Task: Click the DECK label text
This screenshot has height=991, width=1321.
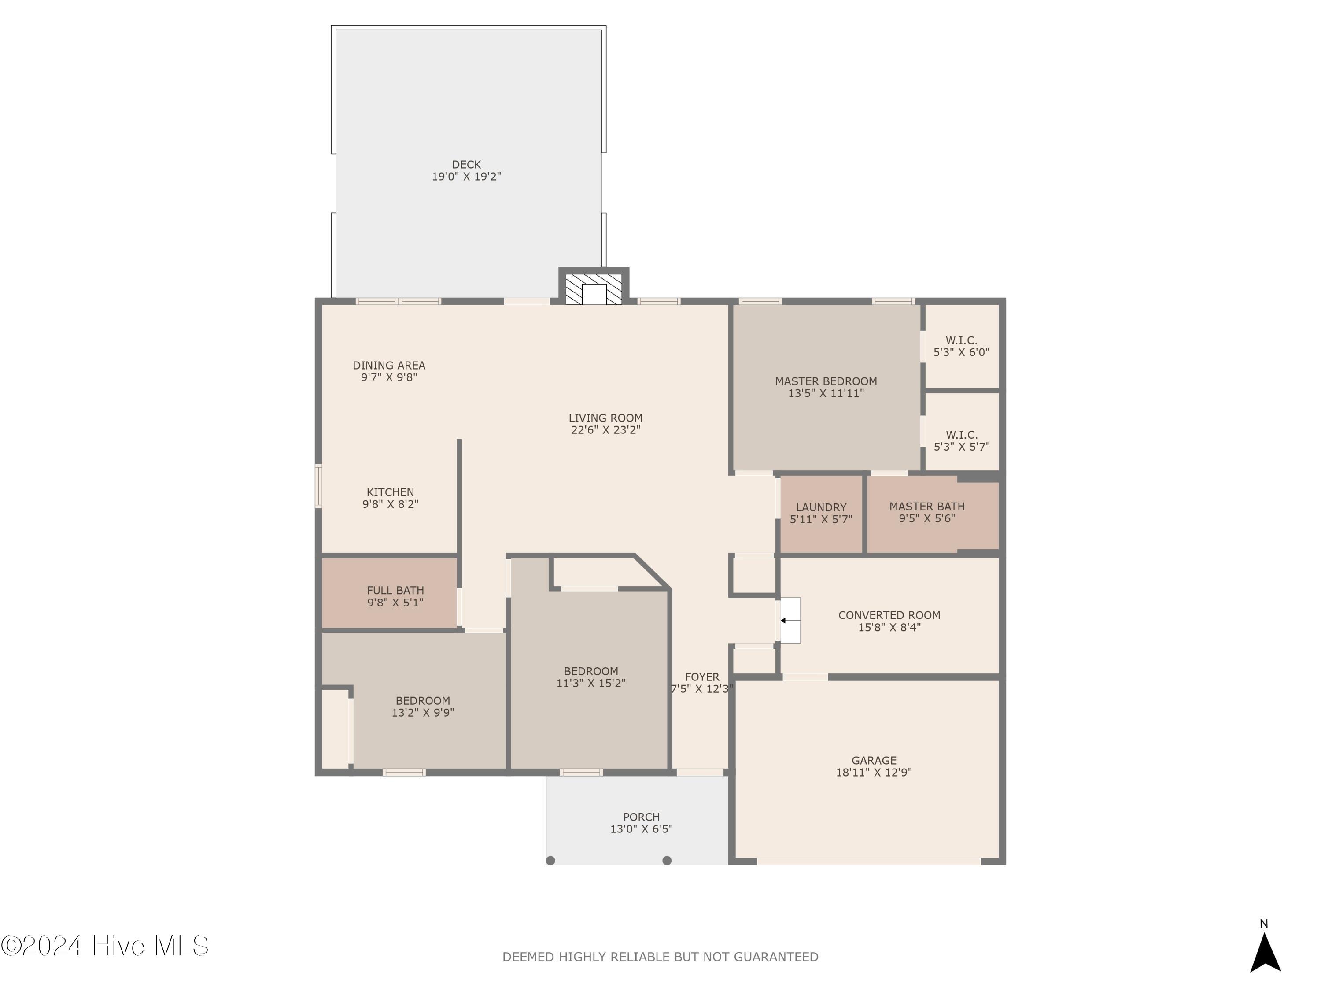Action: pos(466,165)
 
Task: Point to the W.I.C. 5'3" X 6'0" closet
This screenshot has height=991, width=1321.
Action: pos(961,347)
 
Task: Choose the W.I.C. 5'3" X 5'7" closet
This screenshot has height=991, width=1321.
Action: pos(961,440)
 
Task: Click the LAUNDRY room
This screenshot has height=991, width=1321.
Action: pos(820,513)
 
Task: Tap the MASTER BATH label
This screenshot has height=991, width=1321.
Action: pos(926,507)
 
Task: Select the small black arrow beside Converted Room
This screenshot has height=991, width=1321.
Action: pos(783,621)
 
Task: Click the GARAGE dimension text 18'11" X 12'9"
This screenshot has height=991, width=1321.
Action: pos(873,773)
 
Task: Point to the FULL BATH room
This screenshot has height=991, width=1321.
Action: pos(395,596)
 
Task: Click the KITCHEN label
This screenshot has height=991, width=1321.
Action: pos(390,492)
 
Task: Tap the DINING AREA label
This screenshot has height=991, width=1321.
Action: pos(389,366)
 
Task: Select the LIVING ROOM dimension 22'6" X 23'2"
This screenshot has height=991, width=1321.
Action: pos(605,430)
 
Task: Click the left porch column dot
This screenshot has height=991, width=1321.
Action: pos(550,860)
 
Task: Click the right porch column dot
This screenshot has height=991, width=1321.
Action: pos(667,860)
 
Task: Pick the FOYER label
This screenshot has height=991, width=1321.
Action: pos(702,677)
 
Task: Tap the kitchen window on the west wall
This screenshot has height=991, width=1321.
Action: pos(318,486)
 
